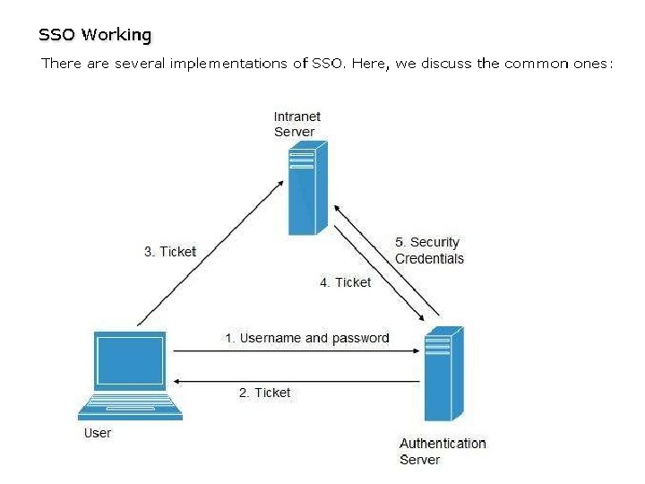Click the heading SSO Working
[95, 35]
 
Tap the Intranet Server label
[297, 125]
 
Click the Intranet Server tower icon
[302, 191]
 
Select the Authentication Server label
[443, 451]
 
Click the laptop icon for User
[130, 375]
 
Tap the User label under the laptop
[98, 433]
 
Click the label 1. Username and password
[306, 338]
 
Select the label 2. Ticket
[264, 393]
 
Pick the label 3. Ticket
[170, 252]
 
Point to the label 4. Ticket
[346, 282]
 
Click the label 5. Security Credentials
[429, 250]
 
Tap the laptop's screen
[130, 360]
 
